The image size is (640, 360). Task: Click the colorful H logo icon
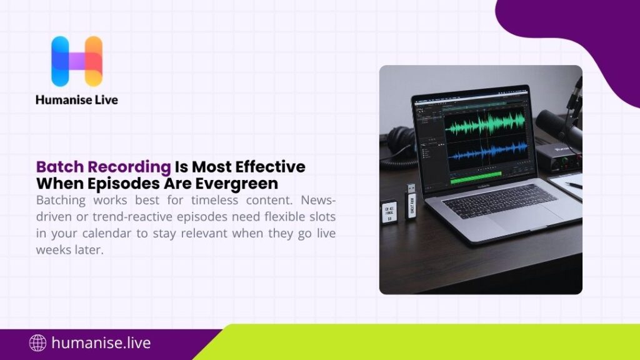(x=77, y=61)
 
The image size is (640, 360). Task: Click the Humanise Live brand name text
(x=77, y=99)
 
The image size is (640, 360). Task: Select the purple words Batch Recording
(x=103, y=167)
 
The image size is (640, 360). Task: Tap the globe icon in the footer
(x=38, y=342)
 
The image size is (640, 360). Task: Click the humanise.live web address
(x=101, y=342)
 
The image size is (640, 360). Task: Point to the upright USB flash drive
(x=412, y=200)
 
